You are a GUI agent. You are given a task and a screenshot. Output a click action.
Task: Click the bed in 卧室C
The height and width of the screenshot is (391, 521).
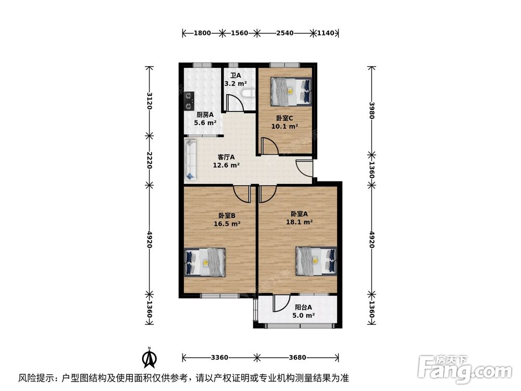(291, 91)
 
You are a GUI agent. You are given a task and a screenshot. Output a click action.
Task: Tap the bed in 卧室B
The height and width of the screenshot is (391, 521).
(205, 261)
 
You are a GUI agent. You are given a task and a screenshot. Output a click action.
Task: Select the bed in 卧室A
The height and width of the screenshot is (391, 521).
(316, 259)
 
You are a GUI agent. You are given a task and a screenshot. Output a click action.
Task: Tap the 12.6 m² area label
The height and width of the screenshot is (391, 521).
(226, 166)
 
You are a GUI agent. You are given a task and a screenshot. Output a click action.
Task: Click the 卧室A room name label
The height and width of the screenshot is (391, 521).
(299, 214)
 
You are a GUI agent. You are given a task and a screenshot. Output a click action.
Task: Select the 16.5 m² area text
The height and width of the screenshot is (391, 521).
(227, 224)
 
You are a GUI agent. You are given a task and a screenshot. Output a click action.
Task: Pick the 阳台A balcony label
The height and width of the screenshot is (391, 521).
(302, 308)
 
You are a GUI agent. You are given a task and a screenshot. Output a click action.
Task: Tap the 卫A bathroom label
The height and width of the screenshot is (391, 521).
(235, 75)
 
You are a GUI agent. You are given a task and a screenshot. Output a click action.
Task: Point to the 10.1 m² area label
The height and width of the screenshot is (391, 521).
(284, 126)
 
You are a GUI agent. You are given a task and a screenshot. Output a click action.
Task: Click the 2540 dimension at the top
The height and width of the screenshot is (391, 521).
(285, 33)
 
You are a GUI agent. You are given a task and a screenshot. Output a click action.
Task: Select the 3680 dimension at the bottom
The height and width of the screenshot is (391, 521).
(297, 358)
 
